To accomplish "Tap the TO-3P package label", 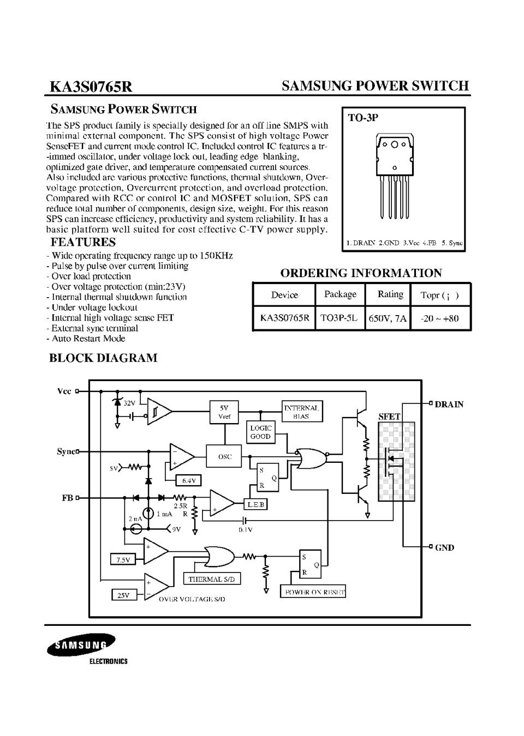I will [363, 118].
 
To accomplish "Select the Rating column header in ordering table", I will [390, 294].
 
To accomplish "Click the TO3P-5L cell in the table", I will [340, 318].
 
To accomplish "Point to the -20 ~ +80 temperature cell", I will [440, 318].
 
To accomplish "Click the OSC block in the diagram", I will [225, 456].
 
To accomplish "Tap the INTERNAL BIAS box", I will [302, 412].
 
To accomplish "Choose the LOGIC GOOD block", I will [260, 432].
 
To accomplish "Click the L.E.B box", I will [255, 505].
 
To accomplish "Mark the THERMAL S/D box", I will [211, 579].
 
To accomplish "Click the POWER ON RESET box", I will [313, 592].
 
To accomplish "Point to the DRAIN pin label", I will [449, 405].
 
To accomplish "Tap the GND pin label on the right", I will [444, 547].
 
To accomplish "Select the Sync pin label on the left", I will [65, 451].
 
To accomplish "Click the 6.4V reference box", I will [189, 480].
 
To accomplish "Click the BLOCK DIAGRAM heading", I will [103, 358].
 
